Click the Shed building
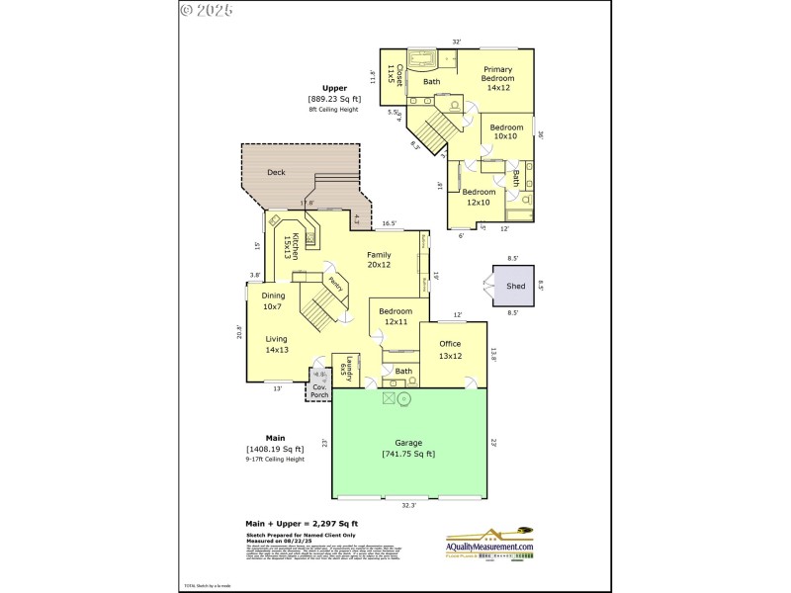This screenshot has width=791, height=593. (515, 286)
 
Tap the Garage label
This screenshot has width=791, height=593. (408, 443)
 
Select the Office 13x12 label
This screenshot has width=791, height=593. (450, 350)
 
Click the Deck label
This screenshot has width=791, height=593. (276, 172)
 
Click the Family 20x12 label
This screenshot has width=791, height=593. (380, 260)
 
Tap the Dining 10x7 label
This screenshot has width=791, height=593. (274, 301)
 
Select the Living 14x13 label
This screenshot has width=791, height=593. (277, 344)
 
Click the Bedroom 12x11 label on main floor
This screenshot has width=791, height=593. (395, 317)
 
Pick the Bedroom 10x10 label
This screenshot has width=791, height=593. (505, 131)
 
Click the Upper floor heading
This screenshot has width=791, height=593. (334, 88)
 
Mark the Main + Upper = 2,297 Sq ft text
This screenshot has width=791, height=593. (302, 523)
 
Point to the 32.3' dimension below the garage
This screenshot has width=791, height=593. (408, 505)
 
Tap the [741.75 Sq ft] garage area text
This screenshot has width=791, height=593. (408, 454)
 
